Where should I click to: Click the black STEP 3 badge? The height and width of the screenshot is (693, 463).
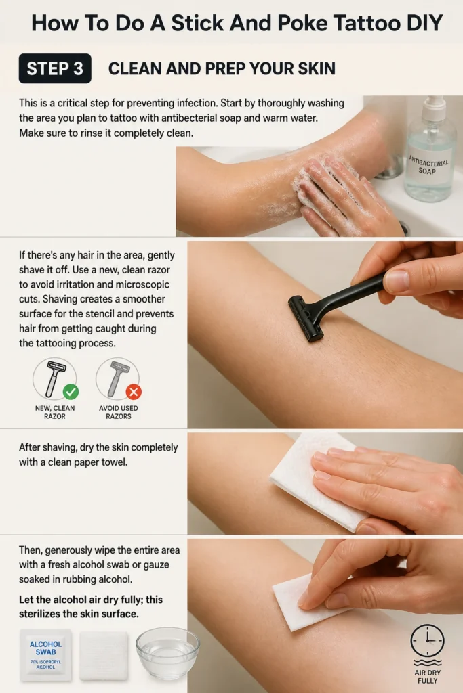pos(55,68)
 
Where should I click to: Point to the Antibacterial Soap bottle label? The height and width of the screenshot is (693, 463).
pos(428,164)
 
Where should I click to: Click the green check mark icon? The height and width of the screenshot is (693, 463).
pos(71,392)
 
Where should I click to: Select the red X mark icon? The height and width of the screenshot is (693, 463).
pos(134,392)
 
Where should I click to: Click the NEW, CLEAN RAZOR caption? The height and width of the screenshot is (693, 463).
pos(55,412)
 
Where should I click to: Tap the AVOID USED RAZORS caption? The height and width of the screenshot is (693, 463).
pos(118,412)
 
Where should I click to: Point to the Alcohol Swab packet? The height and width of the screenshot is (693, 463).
pos(45,655)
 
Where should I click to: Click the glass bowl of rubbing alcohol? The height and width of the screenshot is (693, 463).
pos(167,653)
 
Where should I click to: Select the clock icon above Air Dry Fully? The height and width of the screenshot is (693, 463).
pos(427,640)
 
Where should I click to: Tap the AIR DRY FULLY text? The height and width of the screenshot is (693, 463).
pos(428,677)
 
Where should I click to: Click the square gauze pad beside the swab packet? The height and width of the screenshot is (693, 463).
pos(104,656)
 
